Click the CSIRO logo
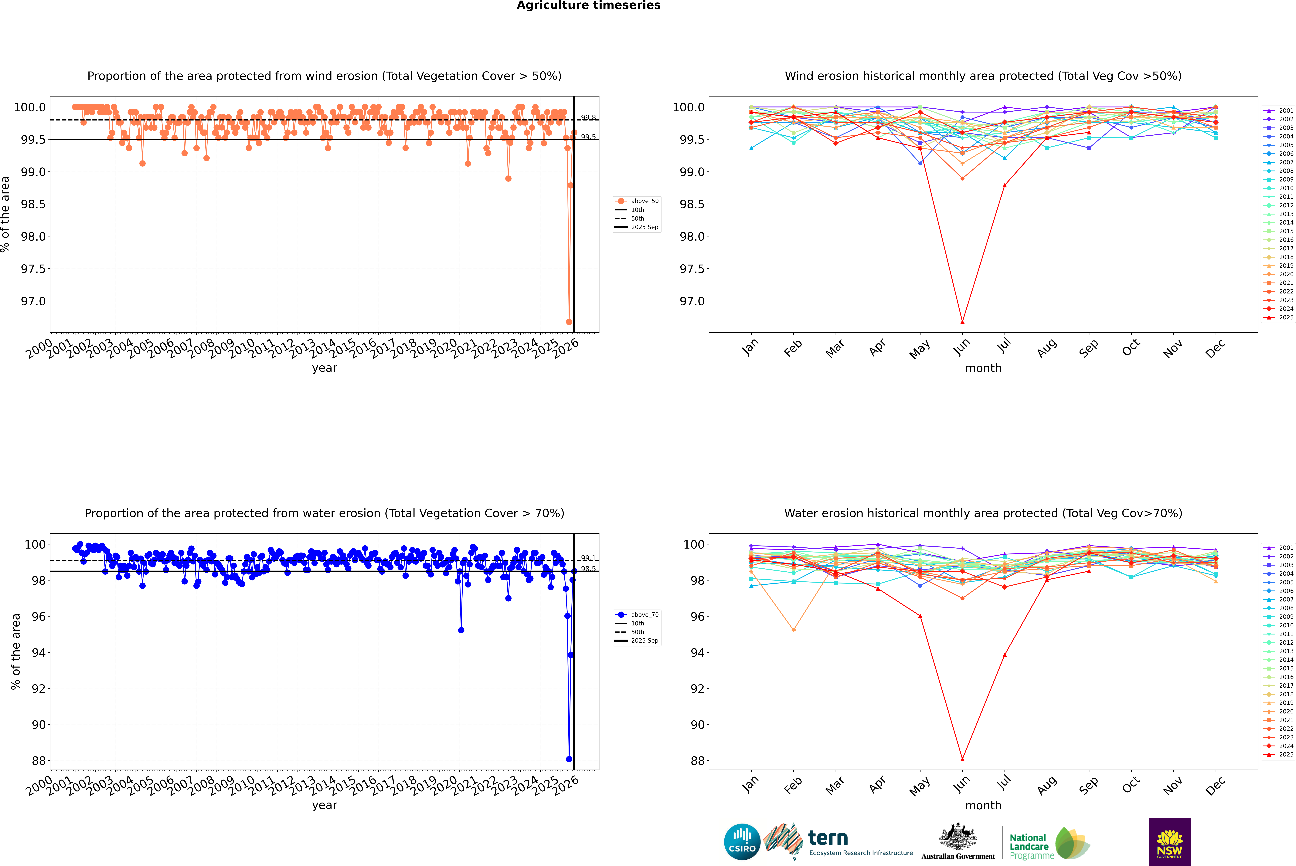click(x=742, y=842)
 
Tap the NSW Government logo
click(x=1169, y=842)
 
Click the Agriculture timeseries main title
click(x=588, y=5)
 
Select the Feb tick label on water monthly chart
click(x=793, y=785)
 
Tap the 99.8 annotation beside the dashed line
click(x=588, y=118)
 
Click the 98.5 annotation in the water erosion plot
click(x=588, y=569)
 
